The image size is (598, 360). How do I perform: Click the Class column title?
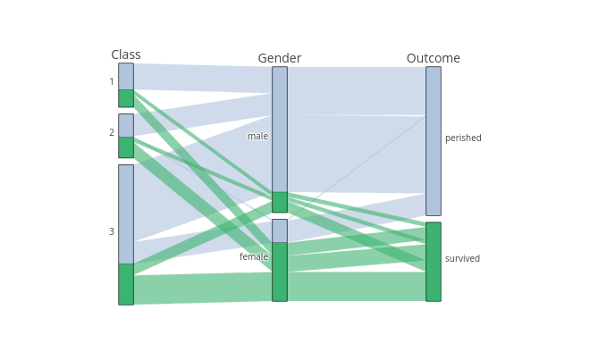point(126,54)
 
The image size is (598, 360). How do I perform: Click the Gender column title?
point(280,58)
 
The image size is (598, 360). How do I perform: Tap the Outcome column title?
point(434,58)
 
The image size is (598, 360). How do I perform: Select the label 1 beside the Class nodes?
point(112,82)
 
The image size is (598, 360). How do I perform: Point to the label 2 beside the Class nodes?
point(112,133)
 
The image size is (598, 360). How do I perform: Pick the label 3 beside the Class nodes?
point(112,232)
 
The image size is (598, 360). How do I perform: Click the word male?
point(257,137)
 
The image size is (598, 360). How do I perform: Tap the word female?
point(254,257)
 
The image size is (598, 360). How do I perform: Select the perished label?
point(463,138)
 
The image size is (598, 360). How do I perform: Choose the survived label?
point(462,259)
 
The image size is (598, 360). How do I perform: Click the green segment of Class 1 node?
point(126,98)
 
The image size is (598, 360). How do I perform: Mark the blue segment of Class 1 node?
point(126,76)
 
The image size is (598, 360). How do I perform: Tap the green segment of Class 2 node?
point(126,147)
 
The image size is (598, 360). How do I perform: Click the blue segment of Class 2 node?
point(126,125)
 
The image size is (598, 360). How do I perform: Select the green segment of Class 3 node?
point(126,284)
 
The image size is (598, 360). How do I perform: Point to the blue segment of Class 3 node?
point(126,214)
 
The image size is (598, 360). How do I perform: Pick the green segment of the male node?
point(280,202)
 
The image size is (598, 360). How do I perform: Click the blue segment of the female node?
point(280,230)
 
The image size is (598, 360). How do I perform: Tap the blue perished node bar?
point(434,141)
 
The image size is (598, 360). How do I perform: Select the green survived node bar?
point(434,262)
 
